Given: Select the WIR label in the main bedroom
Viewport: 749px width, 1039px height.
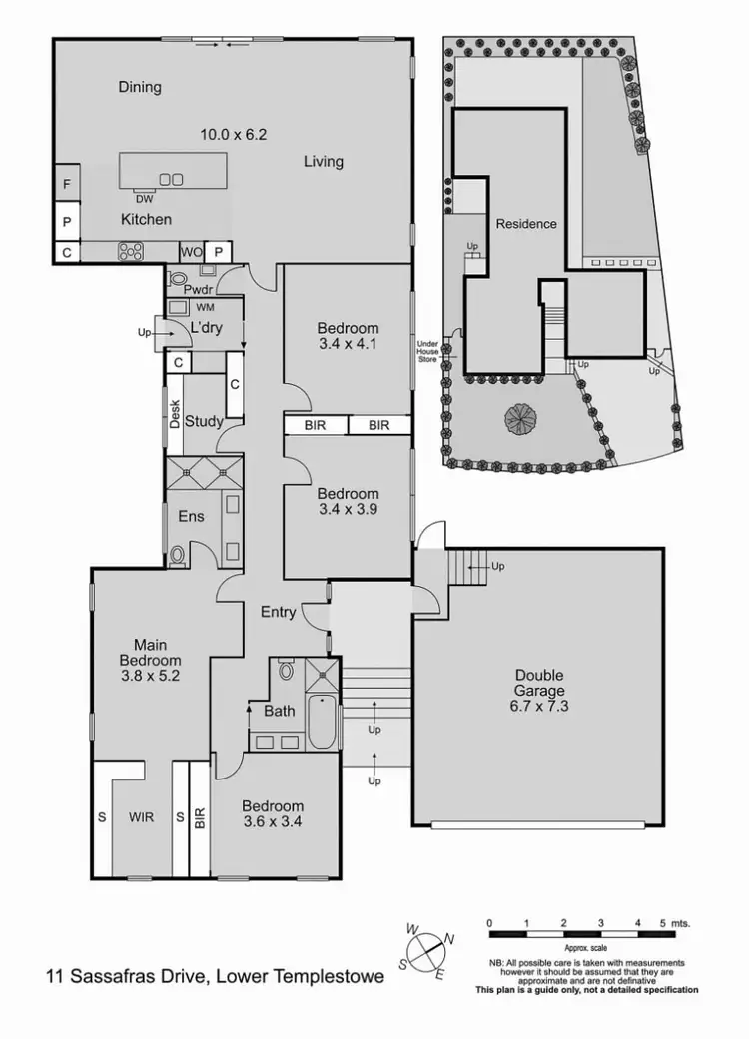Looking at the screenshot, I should pyautogui.click(x=142, y=816).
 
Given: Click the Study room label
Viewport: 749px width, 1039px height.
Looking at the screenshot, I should pyautogui.click(x=204, y=421).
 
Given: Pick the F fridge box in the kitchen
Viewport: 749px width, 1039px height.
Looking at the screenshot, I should pyautogui.click(x=67, y=185).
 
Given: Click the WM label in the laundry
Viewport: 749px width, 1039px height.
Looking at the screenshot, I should pyautogui.click(x=205, y=308).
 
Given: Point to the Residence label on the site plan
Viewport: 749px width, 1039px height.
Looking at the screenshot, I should pyautogui.click(x=526, y=224).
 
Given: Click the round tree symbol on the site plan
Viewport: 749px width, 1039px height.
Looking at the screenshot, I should pyautogui.click(x=521, y=417).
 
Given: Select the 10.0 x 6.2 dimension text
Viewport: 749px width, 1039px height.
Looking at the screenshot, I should pyautogui.click(x=234, y=133).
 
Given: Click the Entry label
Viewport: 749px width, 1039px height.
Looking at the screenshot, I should pyautogui.click(x=278, y=612).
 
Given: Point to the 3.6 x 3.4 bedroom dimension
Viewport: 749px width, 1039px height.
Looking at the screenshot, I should pyautogui.click(x=272, y=823).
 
